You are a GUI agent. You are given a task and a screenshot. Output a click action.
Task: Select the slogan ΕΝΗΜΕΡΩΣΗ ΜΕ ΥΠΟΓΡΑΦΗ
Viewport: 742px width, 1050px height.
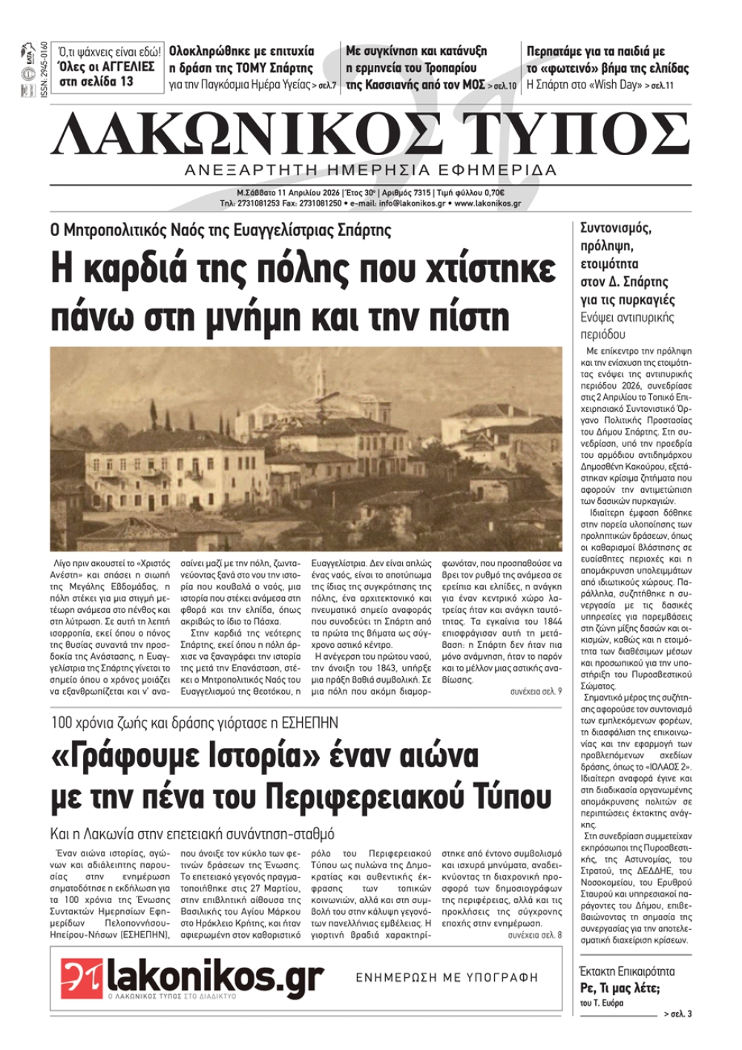pyautogui.click(x=447, y=978)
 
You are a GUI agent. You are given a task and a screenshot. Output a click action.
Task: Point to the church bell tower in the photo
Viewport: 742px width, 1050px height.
pyautogui.click(x=320, y=378)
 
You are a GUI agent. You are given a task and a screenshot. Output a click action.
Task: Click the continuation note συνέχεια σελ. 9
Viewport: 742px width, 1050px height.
pyautogui.click(x=536, y=692)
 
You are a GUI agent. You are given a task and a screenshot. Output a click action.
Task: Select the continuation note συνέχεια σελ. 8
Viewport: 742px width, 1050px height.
pyautogui.click(x=535, y=935)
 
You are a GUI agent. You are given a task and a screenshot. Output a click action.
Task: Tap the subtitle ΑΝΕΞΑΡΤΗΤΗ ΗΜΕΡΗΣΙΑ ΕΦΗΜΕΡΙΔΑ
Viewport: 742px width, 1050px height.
pyautogui.click(x=371, y=171)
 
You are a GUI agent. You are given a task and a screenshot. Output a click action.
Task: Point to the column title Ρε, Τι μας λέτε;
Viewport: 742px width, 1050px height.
pyautogui.click(x=620, y=988)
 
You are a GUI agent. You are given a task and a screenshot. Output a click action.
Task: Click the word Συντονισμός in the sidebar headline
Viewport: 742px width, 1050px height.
pyautogui.click(x=615, y=229)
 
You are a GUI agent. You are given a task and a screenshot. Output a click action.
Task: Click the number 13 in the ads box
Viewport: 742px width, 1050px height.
pyautogui.click(x=125, y=82)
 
